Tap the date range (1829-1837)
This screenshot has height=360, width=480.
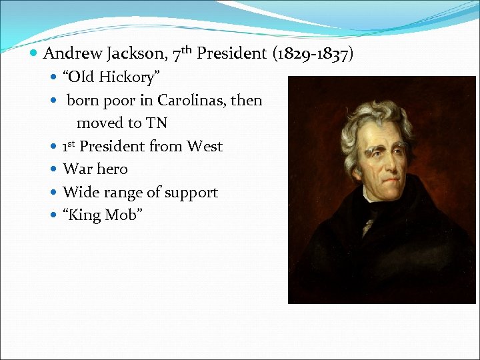click(x=313, y=53)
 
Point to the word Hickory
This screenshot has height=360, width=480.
click(x=126, y=77)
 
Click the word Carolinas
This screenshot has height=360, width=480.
click(x=188, y=101)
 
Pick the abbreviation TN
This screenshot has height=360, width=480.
click(x=157, y=123)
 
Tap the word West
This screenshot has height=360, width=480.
click(x=205, y=146)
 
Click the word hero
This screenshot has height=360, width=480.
click(x=113, y=169)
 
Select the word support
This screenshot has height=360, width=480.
click(x=191, y=193)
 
